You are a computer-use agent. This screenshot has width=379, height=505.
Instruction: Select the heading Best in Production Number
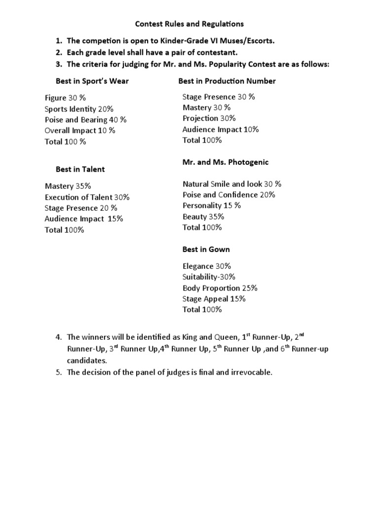tap(227, 81)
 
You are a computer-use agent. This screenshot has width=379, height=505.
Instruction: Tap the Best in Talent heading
tap(80, 169)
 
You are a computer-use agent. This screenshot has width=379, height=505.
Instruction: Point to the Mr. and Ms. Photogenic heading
tap(226, 162)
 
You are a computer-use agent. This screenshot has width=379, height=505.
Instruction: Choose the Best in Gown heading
tap(206, 250)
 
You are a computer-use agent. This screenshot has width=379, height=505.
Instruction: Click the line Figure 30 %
tap(65, 98)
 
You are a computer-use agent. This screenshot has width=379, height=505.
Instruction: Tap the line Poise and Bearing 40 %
tap(85, 120)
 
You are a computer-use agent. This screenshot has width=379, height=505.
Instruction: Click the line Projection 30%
tap(209, 118)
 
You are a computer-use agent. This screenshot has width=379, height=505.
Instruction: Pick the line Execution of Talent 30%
tap(87, 197)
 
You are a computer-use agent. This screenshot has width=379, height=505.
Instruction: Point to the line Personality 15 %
tap(211, 206)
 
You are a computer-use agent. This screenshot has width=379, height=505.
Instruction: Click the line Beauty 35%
tap(203, 216)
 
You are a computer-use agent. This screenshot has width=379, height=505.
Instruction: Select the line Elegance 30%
tap(207, 266)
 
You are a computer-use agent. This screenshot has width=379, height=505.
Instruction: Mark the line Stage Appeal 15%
tap(214, 299)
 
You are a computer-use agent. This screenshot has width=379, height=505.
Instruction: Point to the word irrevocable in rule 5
tap(251, 372)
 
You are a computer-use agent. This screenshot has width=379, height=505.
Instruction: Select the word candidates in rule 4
tap(86, 361)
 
